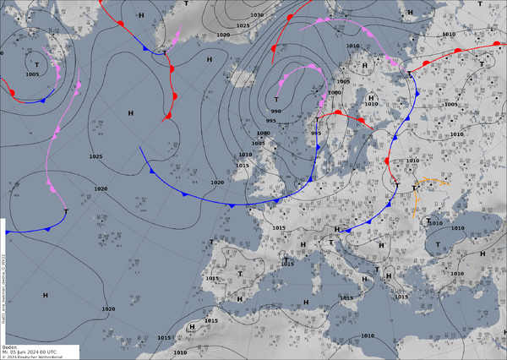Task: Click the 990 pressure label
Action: pos(275,112)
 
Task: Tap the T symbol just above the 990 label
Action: pos(276,100)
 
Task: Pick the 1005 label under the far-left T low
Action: pos(32,74)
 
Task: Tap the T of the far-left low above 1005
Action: pos(36,64)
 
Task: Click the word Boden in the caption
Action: pos(10,346)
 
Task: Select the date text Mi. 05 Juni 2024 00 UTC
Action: pos(29,352)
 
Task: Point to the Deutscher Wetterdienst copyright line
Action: pos(34,357)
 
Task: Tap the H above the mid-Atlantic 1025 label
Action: pos(131,112)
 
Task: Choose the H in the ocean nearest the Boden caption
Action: pos(45,294)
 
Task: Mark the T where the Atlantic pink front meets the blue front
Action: pos(66,210)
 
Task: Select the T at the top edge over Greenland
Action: pos(186,4)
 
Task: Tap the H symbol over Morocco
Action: pos(192,326)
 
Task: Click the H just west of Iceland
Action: pos(209,59)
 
